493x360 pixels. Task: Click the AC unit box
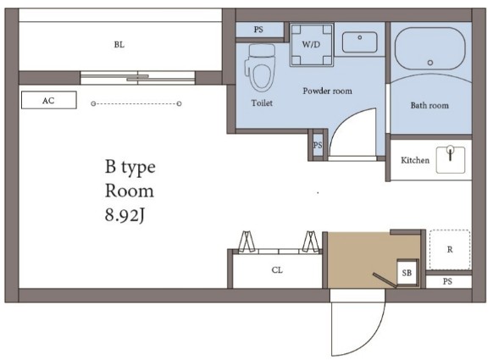pyautogui.click(x=49, y=100)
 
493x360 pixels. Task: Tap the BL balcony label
pyautogui.click(x=119, y=45)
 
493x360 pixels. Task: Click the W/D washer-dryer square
pyautogui.click(x=311, y=44)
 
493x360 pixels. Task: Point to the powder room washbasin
pyautogui.click(x=359, y=42)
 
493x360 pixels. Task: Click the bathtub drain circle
pyautogui.click(x=430, y=63)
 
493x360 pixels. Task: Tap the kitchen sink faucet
pyautogui.click(x=451, y=152)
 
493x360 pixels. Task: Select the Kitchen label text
pyautogui.click(x=415, y=160)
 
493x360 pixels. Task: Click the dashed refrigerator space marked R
pyautogui.click(x=450, y=250)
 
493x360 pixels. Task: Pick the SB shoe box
pyautogui.click(x=407, y=272)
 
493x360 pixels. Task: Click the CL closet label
pyautogui.click(x=277, y=270)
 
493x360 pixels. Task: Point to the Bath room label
pyautogui.click(x=429, y=105)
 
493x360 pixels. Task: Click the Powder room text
pyautogui.click(x=327, y=91)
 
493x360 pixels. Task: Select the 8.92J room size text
pyautogui.click(x=125, y=216)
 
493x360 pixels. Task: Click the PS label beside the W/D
pyautogui.click(x=258, y=30)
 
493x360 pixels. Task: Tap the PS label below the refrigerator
pyautogui.click(x=447, y=281)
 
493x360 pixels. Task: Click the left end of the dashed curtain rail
pyautogui.click(x=93, y=103)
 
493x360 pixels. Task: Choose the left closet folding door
pyautogui.click(x=247, y=241)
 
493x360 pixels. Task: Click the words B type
pyautogui.click(x=130, y=167)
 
